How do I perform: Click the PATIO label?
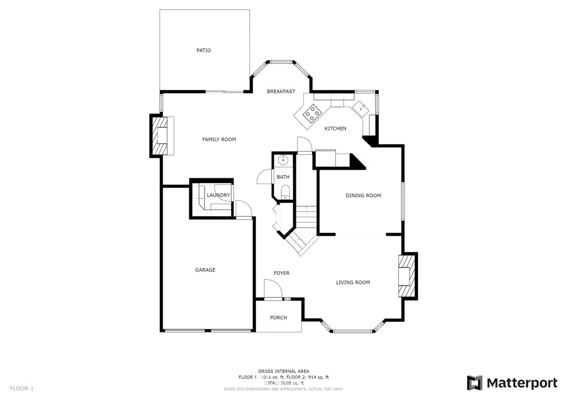(x=203, y=50)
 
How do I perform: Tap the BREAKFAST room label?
(x=281, y=91)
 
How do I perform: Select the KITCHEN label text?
(x=335, y=128)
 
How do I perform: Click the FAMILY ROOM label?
(x=219, y=140)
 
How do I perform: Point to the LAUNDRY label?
(x=218, y=195)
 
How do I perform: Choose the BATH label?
(x=283, y=177)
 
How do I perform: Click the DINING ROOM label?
(x=363, y=195)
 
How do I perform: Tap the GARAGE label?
(x=205, y=270)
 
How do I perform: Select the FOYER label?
(x=281, y=273)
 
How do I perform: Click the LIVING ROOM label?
(x=353, y=282)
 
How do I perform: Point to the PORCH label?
(x=278, y=317)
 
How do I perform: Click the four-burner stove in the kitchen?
(x=313, y=113)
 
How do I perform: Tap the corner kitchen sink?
(x=361, y=107)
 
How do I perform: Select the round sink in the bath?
(x=283, y=160)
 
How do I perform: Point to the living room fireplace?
(x=407, y=276)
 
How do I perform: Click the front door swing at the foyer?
(x=273, y=289)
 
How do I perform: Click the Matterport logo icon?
(x=474, y=383)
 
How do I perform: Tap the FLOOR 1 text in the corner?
(x=22, y=388)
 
